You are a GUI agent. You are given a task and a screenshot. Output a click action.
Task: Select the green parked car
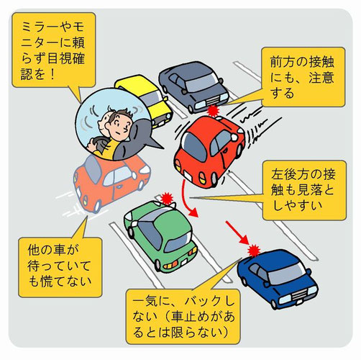point(160,236)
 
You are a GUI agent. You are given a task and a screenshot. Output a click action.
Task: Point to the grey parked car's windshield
point(201,82)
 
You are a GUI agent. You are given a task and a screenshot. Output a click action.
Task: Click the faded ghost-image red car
point(111,182)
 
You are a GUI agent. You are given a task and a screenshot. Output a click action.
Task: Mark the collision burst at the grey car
point(213,111)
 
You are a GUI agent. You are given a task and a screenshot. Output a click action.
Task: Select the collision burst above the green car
point(167,198)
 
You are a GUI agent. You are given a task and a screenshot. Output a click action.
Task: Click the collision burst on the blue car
point(254,251)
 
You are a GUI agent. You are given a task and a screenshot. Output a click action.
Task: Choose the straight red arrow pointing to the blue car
point(237,233)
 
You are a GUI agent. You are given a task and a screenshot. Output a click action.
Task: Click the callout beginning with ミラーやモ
point(54,50)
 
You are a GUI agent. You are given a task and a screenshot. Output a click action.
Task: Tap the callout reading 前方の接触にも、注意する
point(303,77)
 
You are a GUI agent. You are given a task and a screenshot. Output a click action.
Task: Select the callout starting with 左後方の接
point(304,190)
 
